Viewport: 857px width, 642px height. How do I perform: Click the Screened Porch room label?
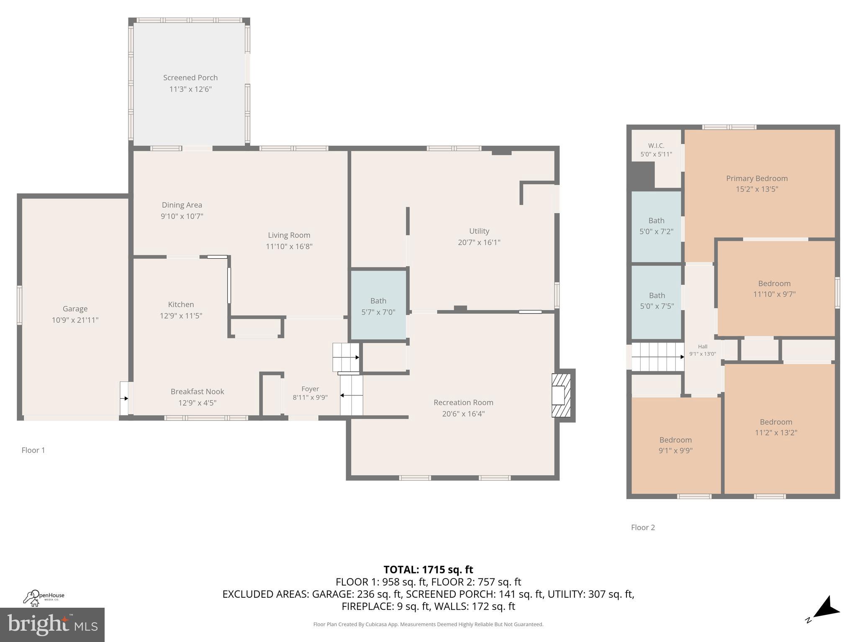tap(190, 78)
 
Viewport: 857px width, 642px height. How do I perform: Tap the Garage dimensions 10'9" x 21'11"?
tap(75, 320)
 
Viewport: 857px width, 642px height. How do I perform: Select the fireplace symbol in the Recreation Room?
tap(561, 395)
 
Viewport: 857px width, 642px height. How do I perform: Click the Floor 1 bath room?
tap(378, 306)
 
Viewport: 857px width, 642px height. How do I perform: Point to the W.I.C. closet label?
tap(656, 146)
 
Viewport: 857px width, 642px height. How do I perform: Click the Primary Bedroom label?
tap(757, 178)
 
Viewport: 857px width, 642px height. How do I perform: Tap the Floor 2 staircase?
tap(657, 357)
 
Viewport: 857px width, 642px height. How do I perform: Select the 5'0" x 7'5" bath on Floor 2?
tap(657, 301)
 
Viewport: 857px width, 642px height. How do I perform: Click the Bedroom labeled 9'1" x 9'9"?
tap(675, 445)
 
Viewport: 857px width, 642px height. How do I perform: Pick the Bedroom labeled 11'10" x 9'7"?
tap(774, 288)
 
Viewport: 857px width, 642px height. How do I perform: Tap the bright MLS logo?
tap(52, 624)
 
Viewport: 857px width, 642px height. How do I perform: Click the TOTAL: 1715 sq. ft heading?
tap(428, 570)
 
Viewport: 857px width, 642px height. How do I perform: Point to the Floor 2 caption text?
tap(643, 527)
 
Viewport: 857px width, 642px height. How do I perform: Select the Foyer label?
tap(310, 389)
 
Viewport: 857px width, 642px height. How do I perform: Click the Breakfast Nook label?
tap(197, 392)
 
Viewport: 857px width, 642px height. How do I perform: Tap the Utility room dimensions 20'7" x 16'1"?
tap(479, 242)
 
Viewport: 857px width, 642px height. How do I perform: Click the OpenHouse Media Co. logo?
tap(44, 598)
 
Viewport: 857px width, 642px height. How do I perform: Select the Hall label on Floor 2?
tap(703, 346)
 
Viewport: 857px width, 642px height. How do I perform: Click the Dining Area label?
tap(182, 205)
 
